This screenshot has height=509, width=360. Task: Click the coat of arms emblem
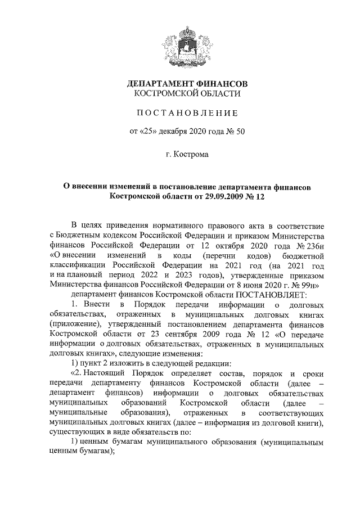186,44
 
